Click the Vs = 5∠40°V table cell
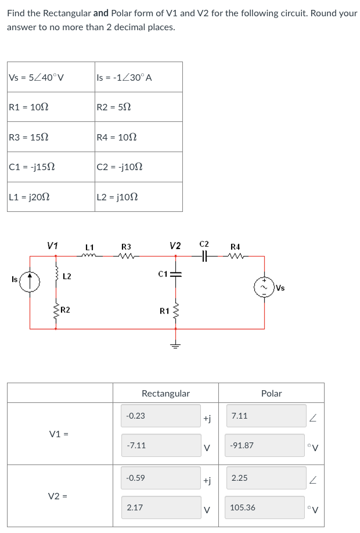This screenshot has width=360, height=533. click(x=51, y=77)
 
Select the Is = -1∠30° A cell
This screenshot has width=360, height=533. click(x=139, y=77)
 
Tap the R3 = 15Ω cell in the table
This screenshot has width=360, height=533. click(x=51, y=137)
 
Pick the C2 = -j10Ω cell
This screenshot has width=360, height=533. click(x=139, y=167)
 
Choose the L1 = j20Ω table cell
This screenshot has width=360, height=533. click(x=51, y=197)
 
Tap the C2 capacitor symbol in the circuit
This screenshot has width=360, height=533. click(x=204, y=255)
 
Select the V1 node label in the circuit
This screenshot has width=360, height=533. click(x=52, y=246)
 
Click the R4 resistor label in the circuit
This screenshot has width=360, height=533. click(x=235, y=246)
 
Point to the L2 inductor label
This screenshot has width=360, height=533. click(x=67, y=276)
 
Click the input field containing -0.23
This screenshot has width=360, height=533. click(x=161, y=416)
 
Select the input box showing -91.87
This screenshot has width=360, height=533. click(x=265, y=445)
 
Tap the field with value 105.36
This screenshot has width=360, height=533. click(x=265, y=507)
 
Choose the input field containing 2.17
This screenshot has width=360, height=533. click(x=161, y=507)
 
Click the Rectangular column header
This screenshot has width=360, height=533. click(x=165, y=393)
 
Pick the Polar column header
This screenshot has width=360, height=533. click(x=271, y=393)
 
